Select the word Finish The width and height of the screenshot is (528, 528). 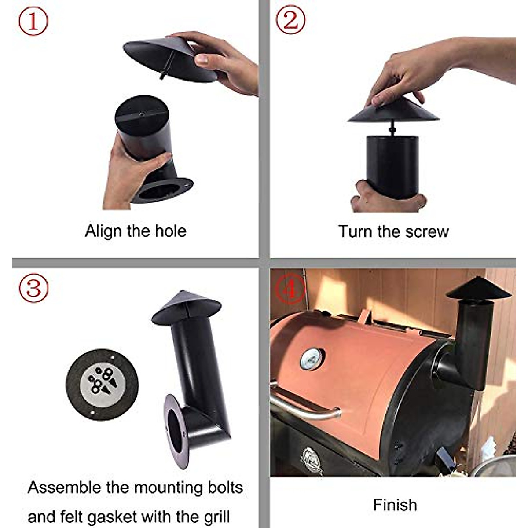pyautogui.click(x=395, y=505)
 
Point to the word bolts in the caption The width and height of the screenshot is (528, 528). pyautogui.click(x=221, y=488)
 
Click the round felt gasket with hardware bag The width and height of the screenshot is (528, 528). pyautogui.click(x=102, y=384)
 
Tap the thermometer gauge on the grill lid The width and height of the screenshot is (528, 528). pyautogui.click(x=312, y=359)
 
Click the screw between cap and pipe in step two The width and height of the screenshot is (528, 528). pyautogui.click(x=392, y=129)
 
